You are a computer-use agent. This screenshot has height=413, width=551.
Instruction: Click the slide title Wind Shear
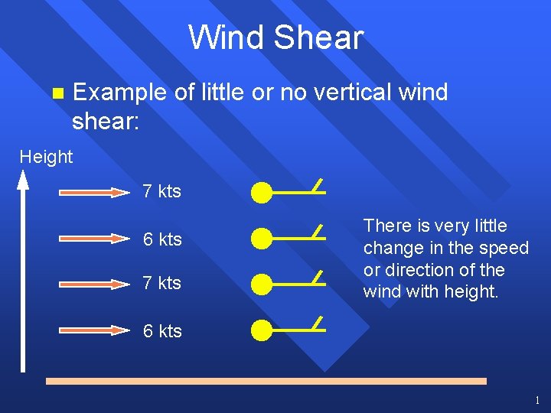(x=275, y=37)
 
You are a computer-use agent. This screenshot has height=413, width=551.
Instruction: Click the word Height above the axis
(x=46, y=157)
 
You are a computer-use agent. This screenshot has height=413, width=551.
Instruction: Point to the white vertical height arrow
(x=23, y=275)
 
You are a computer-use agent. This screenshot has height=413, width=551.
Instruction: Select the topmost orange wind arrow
(x=95, y=193)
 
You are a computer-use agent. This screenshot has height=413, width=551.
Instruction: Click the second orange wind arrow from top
(x=95, y=239)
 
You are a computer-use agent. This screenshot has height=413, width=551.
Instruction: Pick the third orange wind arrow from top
(x=95, y=284)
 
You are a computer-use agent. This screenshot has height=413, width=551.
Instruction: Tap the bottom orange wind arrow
(x=95, y=330)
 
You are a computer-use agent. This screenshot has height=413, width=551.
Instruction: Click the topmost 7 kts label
(x=162, y=191)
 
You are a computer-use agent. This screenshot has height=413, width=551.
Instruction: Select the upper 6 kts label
(x=162, y=239)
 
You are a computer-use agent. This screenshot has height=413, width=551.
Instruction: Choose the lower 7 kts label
(x=162, y=283)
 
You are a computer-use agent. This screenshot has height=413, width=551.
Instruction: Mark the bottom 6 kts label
(x=162, y=331)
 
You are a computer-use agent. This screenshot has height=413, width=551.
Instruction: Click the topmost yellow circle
(x=262, y=193)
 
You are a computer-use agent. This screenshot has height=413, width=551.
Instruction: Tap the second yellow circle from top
(x=262, y=239)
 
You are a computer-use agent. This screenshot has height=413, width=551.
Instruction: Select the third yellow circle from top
(x=262, y=285)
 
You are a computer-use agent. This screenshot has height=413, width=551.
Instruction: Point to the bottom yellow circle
(x=262, y=330)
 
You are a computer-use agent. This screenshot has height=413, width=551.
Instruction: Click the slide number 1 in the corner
(x=537, y=400)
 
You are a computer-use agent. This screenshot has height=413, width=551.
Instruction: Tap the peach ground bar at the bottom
(x=266, y=380)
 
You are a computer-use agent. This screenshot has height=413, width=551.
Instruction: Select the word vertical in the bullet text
(x=331, y=93)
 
